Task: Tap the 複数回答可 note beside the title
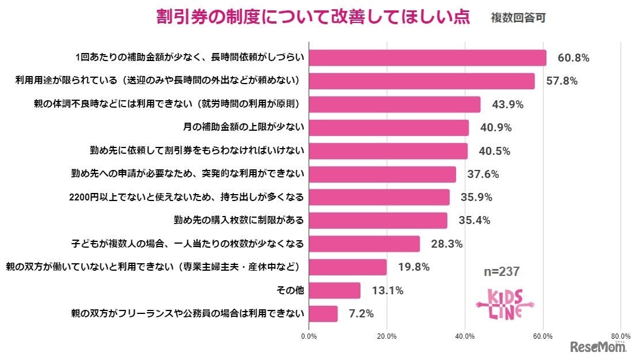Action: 518,18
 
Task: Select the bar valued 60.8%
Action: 427,58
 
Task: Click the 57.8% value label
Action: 561,81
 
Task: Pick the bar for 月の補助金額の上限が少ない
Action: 389,127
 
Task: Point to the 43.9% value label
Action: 507,104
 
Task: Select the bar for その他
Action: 335,290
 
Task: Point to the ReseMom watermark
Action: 598,347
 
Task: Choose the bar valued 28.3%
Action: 365,244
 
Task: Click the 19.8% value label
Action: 413,267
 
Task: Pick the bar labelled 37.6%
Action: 382,174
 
